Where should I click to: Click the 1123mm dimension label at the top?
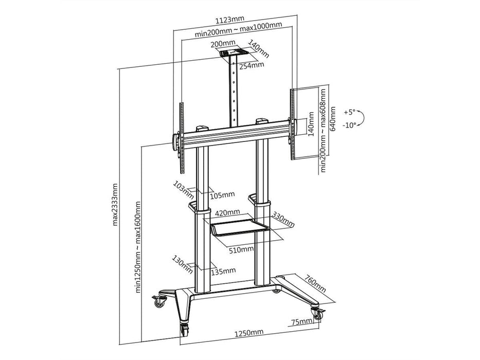(230, 20)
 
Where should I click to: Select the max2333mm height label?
(115, 205)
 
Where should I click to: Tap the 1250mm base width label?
(249, 332)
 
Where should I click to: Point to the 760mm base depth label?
(315, 283)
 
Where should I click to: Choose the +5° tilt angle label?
(350, 112)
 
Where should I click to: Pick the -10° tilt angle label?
(349, 125)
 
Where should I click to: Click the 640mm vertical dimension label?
(333, 118)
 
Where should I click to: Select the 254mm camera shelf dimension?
(252, 65)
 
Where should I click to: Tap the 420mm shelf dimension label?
(227, 212)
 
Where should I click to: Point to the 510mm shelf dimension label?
(241, 250)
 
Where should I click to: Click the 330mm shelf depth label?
(283, 220)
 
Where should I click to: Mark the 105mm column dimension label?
(223, 195)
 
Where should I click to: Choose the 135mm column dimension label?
(223, 271)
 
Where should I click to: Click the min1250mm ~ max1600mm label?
(138, 247)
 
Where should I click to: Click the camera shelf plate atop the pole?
(235, 53)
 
